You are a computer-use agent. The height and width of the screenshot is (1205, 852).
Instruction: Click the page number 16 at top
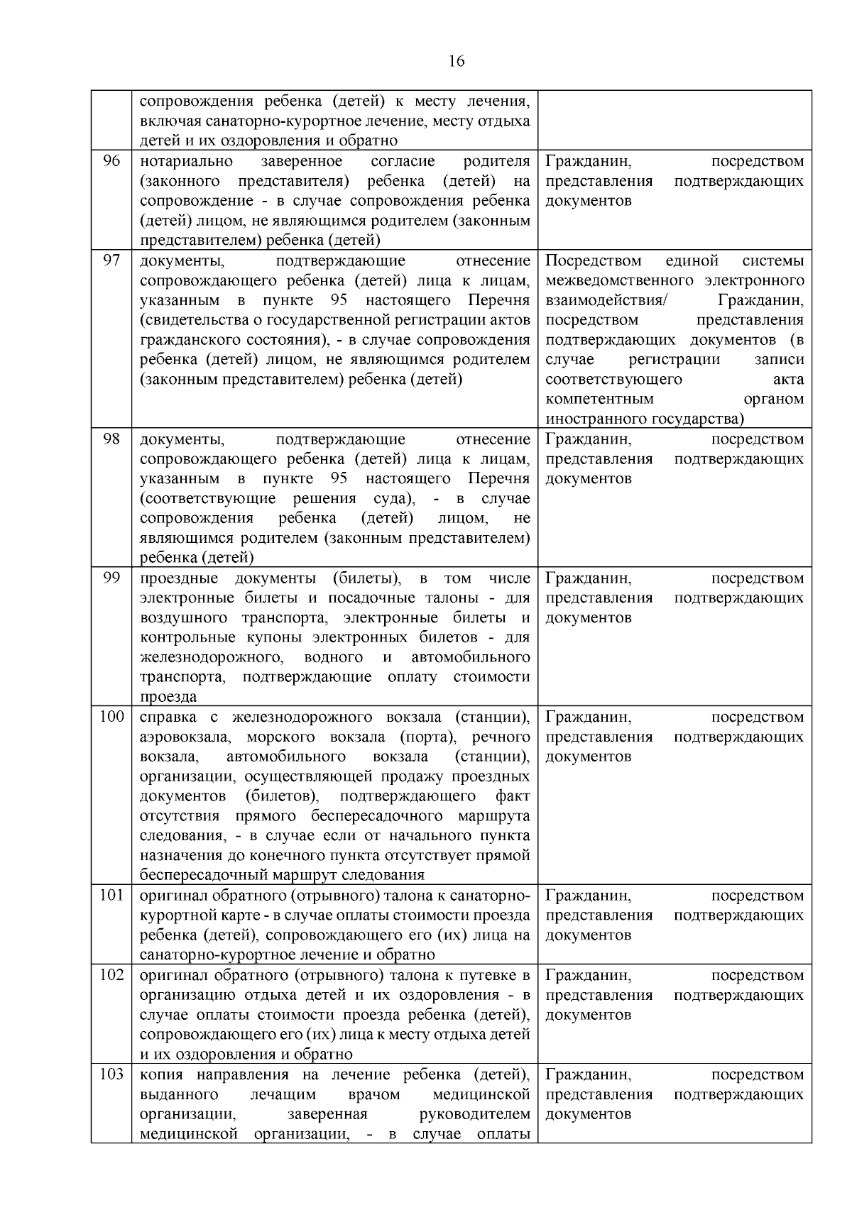(457, 62)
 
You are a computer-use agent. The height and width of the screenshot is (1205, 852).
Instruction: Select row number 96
(111, 161)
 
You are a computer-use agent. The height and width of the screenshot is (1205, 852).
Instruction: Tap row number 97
(111, 260)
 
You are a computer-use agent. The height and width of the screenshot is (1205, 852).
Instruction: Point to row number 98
(111, 439)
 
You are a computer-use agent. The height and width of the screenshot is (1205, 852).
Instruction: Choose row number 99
(111, 578)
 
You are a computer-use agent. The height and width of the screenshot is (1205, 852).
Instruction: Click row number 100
(111, 717)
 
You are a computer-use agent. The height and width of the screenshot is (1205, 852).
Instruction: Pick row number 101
(111, 896)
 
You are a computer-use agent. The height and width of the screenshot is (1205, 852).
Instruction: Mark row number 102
(111, 975)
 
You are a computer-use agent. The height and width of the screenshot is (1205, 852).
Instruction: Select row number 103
(111, 1074)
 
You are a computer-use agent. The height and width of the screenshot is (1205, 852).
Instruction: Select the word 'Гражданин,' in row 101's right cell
(588, 896)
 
